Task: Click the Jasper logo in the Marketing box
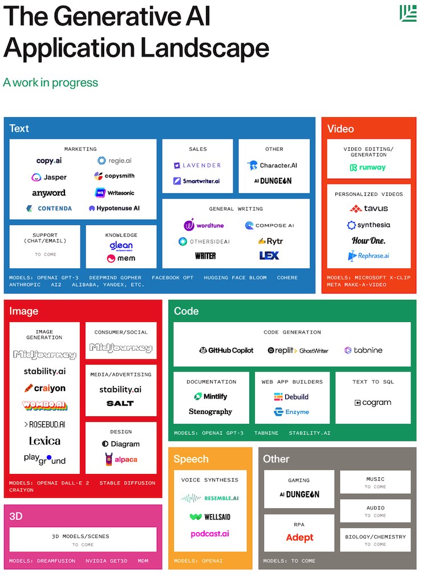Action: tap(49, 177)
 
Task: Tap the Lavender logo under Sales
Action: tap(197, 166)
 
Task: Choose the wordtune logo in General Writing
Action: tap(204, 225)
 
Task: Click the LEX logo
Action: tap(269, 255)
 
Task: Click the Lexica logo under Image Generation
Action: tap(44, 441)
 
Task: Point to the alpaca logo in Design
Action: tap(121, 459)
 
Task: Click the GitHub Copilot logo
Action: tap(226, 350)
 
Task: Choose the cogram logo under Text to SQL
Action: tap(373, 403)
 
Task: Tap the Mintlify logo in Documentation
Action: tap(210, 396)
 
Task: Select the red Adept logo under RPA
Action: tap(299, 537)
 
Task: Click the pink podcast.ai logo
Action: tap(210, 534)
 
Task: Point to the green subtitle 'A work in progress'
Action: tap(50, 82)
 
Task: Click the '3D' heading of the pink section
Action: tap(15, 516)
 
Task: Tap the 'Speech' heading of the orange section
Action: tap(191, 459)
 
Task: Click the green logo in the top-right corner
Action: tap(408, 13)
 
